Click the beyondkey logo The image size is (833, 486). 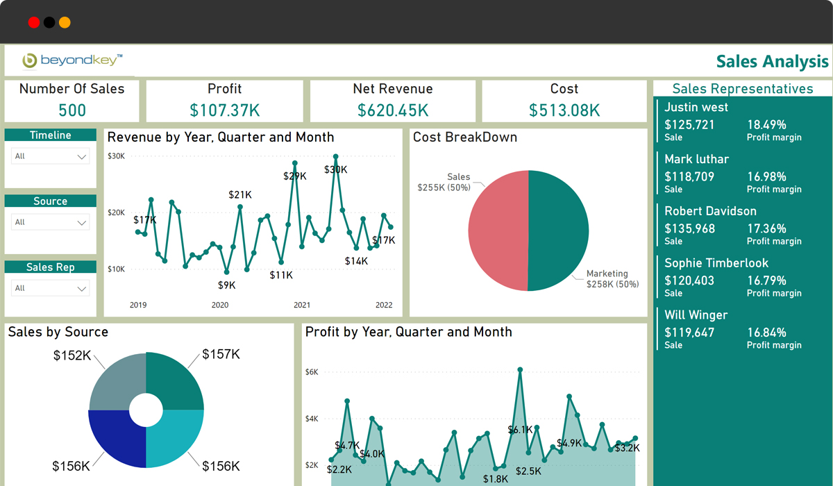click(x=72, y=61)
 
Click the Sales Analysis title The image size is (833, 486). click(x=772, y=62)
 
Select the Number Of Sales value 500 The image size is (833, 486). click(x=71, y=110)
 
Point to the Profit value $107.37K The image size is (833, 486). click(x=225, y=110)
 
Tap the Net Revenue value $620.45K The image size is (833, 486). click(x=393, y=110)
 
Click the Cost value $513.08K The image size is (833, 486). click(x=564, y=110)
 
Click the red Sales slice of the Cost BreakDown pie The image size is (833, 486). click(x=497, y=231)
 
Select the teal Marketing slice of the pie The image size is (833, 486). click(x=559, y=231)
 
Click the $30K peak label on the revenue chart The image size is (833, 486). click(x=336, y=169)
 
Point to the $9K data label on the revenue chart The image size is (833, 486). click(x=226, y=285)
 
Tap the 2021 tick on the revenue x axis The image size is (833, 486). click(x=302, y=305)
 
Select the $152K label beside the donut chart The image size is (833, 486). click(x=72, y=355)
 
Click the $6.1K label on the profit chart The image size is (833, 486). click(x=521, y=430)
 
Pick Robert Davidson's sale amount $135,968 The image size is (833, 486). click(x=689, y=228)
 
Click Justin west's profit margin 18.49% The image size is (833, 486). click(x=766, y=125)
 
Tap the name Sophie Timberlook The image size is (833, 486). click(x=716, y=263)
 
